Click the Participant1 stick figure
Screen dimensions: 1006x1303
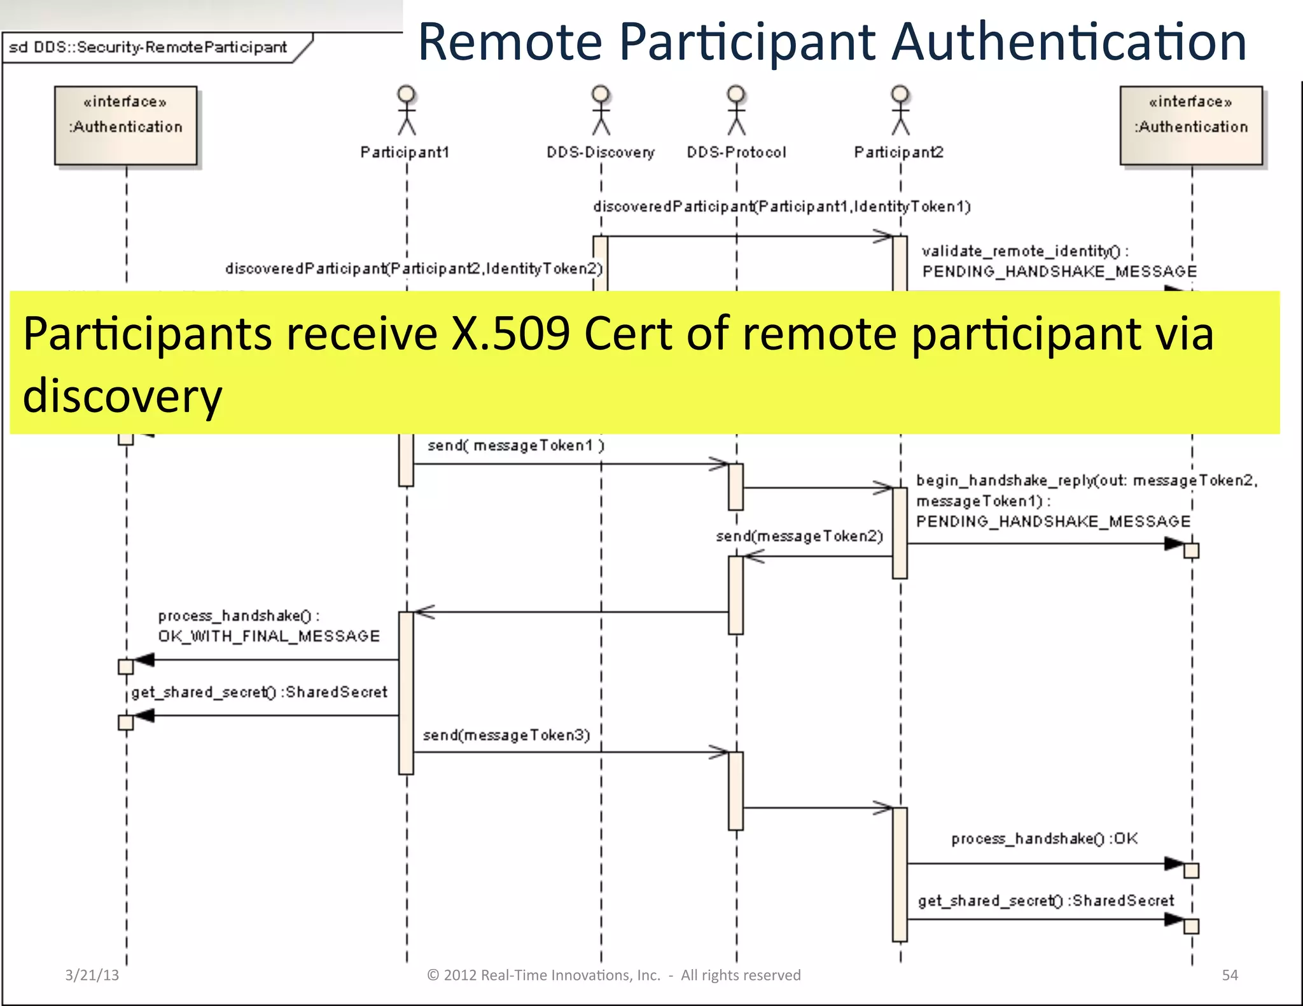407,111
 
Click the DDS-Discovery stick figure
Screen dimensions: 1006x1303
601,111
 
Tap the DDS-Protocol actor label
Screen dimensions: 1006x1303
736,153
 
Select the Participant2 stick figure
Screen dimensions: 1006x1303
900,111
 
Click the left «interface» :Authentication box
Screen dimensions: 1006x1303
126,125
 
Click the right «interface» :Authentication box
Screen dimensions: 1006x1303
1191,125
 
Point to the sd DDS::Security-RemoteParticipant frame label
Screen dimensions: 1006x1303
148,48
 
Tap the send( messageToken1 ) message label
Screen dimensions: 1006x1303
515,446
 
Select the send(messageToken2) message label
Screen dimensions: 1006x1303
799,537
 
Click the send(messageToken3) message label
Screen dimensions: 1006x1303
506,736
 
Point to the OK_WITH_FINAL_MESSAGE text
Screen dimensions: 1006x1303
268,637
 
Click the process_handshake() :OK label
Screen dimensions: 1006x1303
1044,839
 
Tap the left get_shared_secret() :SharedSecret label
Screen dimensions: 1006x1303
259,692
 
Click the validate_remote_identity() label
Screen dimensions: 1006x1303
1024,252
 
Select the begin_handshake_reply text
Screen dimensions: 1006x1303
1005,481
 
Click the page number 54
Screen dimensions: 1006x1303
1230,975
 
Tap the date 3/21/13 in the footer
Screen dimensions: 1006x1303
92,975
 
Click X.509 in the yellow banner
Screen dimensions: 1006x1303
510,334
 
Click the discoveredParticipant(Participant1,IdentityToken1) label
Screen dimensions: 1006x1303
781,207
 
